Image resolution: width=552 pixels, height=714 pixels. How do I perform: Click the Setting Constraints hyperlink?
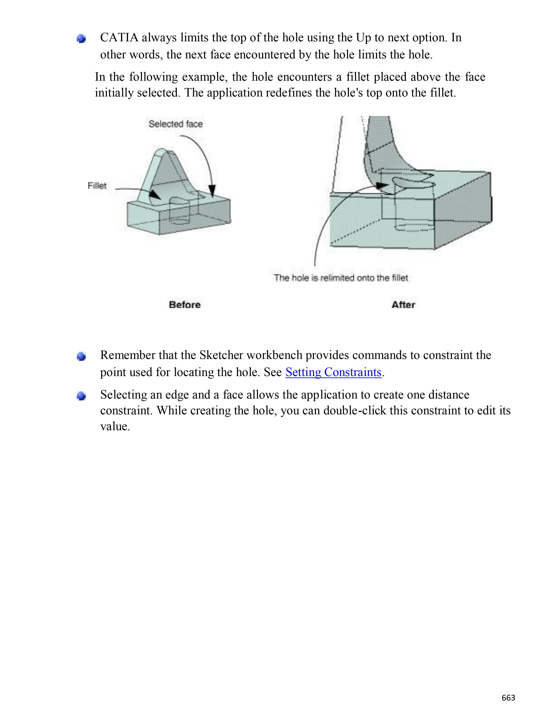point(333,372)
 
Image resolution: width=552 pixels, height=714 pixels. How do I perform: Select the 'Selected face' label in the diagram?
point(176,124)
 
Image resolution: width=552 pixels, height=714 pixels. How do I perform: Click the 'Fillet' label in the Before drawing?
point(97,186)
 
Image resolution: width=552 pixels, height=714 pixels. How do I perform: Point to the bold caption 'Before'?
point(185,305)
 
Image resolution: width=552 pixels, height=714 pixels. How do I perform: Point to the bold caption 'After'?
point(403,305)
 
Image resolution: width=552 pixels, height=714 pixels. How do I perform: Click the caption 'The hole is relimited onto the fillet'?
point(341,278)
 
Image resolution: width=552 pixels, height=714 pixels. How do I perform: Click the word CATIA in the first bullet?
point(119,38)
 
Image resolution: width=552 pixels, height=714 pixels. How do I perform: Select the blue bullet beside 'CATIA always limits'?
point(81,39)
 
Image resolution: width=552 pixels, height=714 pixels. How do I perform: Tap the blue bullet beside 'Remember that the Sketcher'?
point(81,356)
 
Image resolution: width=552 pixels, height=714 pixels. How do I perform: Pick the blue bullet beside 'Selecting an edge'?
point(81,396)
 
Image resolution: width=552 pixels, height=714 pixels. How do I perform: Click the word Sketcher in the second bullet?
point(221,355)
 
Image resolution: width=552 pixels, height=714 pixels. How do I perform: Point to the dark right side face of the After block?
point(463,212)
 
